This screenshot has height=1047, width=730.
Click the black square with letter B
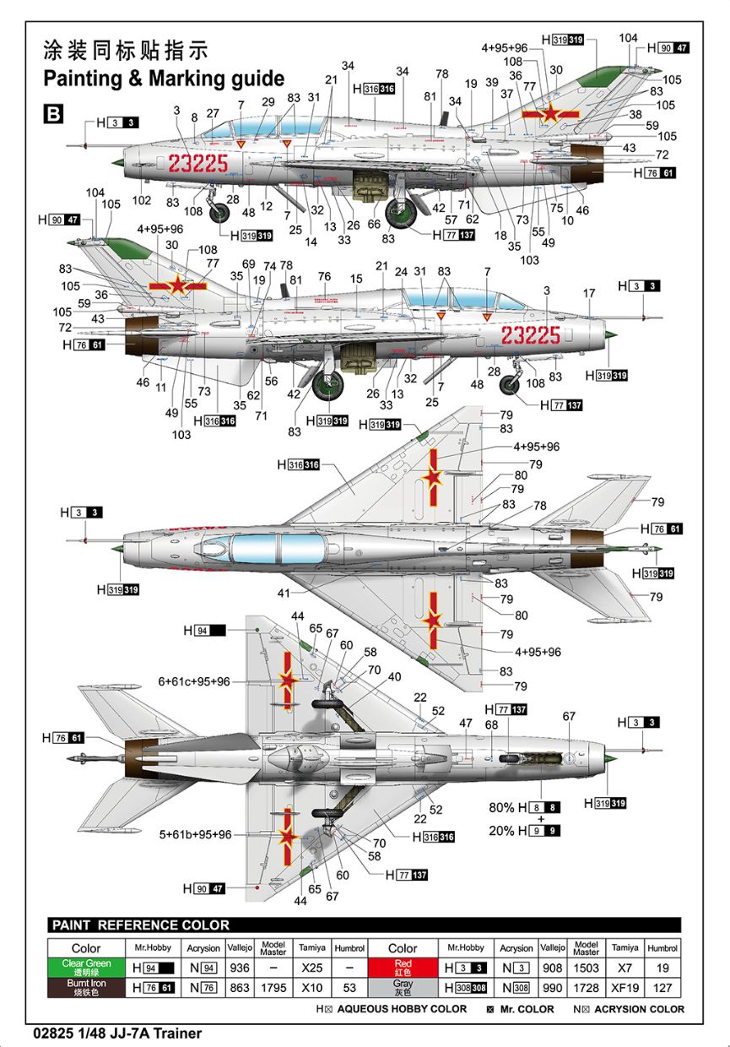click(x=52, y=114)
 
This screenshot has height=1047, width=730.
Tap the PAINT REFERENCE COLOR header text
click(x=140, y=925)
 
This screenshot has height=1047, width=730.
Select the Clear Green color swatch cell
click(x=85, y=967)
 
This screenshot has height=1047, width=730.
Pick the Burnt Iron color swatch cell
click(x=85, y=987)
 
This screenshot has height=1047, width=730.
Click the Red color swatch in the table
click(x=403, y=967)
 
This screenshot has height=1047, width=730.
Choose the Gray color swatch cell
click(x=403, y=987)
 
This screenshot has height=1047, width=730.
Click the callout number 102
click(x=142, y=201)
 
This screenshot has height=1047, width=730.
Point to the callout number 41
click(x=284, y=593)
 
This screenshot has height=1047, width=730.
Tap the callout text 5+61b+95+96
click(x=196, y=834)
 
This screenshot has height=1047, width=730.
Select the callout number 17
click(x=588, y=293)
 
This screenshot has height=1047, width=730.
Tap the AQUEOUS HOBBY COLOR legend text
click(x=402, y=1009)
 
